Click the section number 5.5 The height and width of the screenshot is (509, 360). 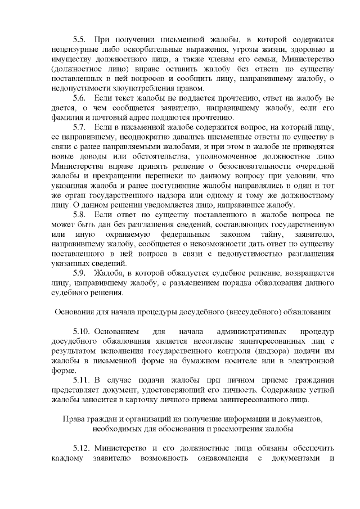coord(79,39)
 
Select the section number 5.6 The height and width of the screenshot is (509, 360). coord(79,98)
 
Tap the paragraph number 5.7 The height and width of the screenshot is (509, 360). coord(79,127)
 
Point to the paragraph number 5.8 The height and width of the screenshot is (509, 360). coord(79,215)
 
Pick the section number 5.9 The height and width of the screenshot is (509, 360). coord(79,273)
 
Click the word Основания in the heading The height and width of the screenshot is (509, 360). coord(75,312)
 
